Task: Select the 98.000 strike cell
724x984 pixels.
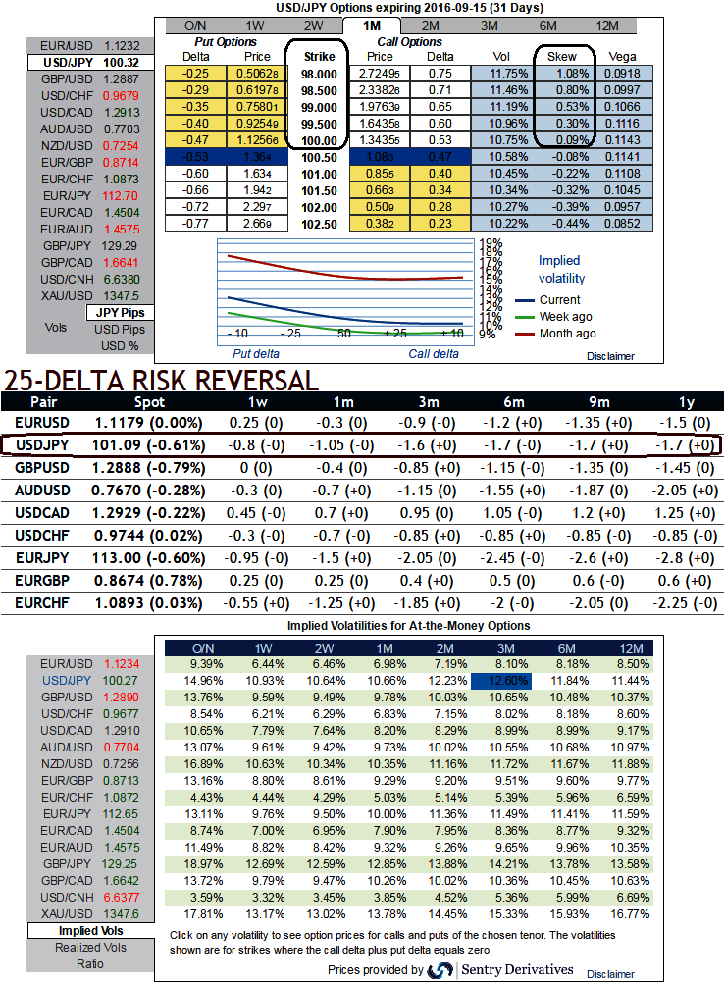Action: tap(317, 74)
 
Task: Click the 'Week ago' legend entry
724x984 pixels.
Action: tap(566, 317)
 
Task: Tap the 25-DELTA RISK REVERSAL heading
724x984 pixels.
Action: tap(161, 381)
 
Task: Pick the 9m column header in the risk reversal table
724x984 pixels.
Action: tap(599, 401)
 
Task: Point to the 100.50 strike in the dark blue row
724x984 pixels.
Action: tap(317, 157)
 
